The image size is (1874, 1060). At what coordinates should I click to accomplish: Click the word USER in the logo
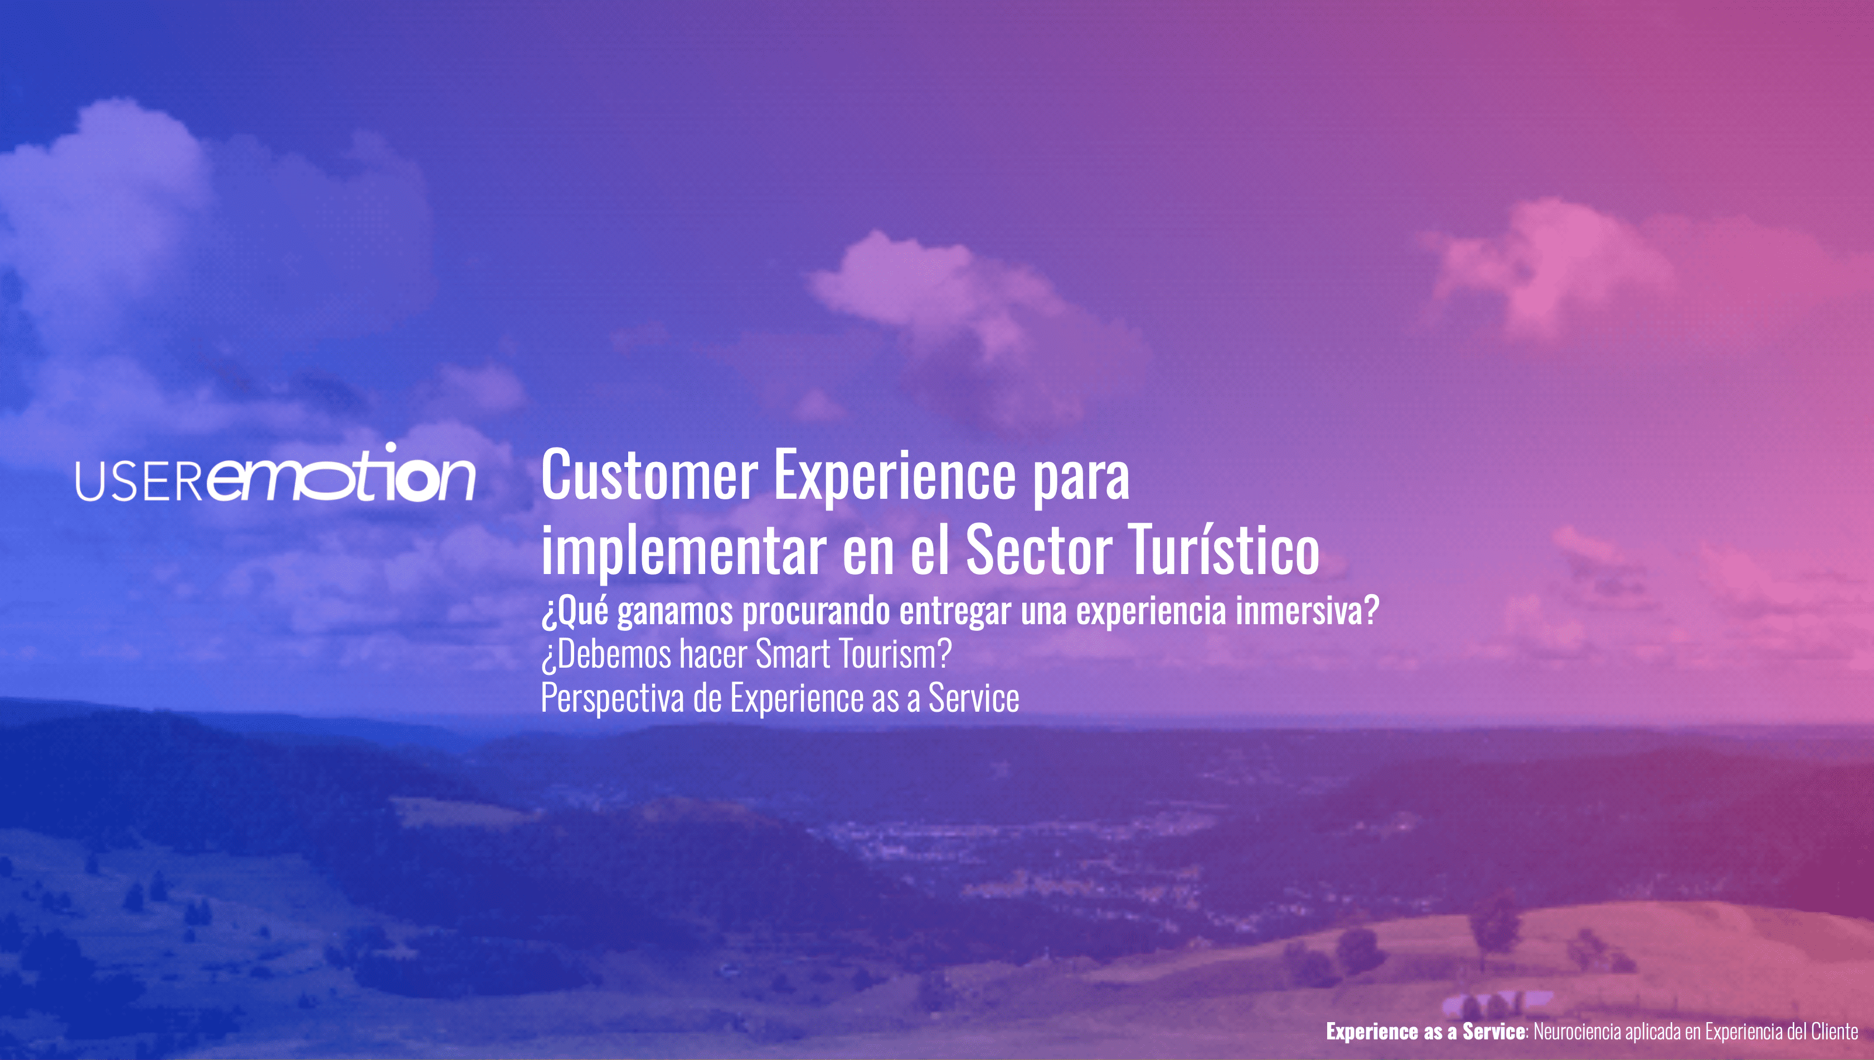(x=139, y=480)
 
